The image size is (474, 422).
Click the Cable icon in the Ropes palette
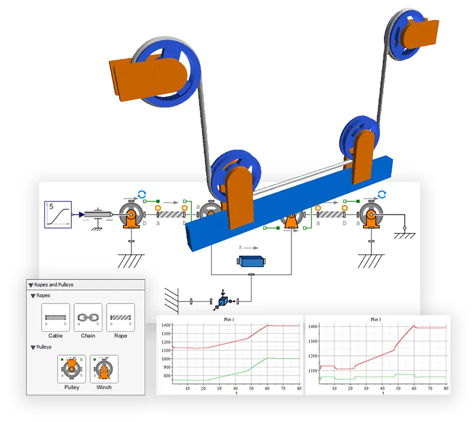point(56,318)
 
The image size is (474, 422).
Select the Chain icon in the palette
point(88,318)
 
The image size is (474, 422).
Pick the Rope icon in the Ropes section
point(121,318)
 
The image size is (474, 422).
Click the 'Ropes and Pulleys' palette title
point(54,285)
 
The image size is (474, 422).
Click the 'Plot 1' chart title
point(229,319)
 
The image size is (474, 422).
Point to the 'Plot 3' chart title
point(376,319)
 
